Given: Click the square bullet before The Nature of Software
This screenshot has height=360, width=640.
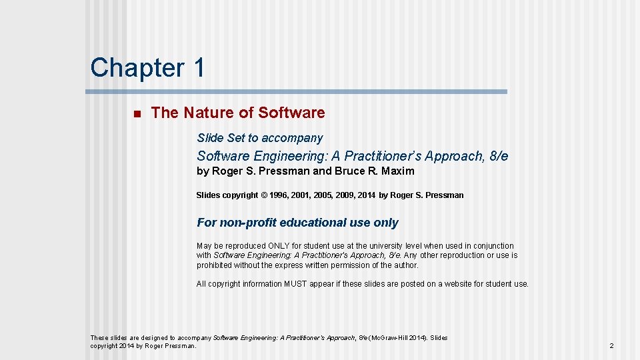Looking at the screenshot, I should pyautogui.click(x=136, y=113).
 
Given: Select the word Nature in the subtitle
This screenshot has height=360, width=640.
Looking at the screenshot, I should pyautogui.click(x=206, y=113).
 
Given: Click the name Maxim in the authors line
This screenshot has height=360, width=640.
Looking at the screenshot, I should pyautogui.click(x=398, y=171).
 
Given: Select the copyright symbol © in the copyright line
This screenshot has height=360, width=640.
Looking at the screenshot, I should pyautogui.click(x=263, y=195).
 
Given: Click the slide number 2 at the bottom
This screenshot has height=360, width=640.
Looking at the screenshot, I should pyautogui.click(x=611, y=346).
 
